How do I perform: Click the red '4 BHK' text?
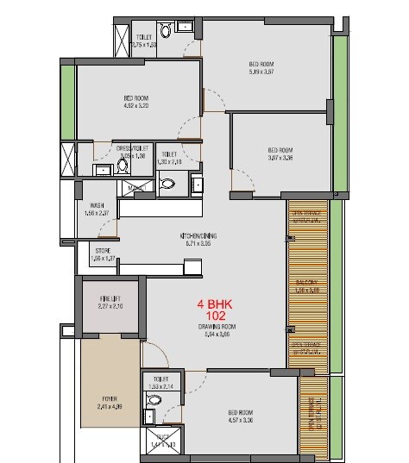tap(213, 305)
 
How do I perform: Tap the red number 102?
tap(213, 316)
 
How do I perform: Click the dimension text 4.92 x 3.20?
tap(136, 107)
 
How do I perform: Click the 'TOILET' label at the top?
tap(145, 37)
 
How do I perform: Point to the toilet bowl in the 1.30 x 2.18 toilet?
tap(169, 183)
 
